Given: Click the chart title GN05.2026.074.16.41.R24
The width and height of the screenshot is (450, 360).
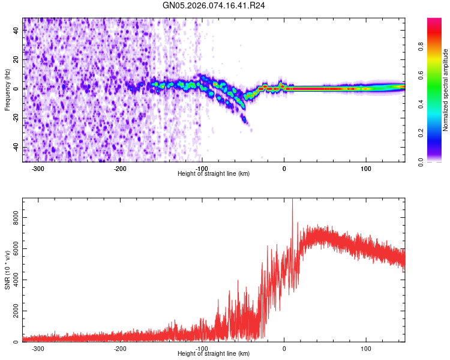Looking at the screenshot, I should click(x=214, y=5).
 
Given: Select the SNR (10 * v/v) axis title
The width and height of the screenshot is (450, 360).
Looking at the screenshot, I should click(x=7, y=270).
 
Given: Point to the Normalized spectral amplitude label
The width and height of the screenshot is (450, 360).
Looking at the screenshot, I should click(x=446, y=90).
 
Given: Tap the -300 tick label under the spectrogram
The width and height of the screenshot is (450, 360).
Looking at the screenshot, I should click(x=38, y=169).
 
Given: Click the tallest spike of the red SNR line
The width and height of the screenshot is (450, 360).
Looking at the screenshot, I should click(x=292, y=201).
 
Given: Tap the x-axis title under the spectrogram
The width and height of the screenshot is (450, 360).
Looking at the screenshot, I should click(x=214, y=174).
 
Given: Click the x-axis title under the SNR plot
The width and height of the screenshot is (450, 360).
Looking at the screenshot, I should click(x=214, y=354).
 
